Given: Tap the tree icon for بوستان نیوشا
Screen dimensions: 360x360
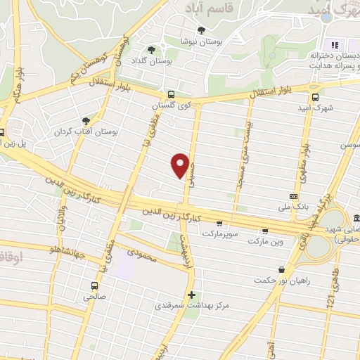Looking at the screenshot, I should coord(202,30).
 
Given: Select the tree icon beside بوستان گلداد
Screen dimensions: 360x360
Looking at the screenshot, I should coord(151,49).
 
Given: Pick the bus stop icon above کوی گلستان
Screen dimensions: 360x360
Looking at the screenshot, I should coord(171,94).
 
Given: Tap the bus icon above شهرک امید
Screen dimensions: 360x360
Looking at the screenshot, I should coord(314,98).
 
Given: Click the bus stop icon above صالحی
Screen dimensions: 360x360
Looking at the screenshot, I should coord(94,285).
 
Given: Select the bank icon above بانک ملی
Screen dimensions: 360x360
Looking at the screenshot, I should coord(294,196).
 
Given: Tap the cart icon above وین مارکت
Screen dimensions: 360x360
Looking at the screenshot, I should coord(265,230).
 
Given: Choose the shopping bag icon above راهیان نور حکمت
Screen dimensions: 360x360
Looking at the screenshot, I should coord(282,269).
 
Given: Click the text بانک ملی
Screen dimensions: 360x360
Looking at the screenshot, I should coord(295,207).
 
